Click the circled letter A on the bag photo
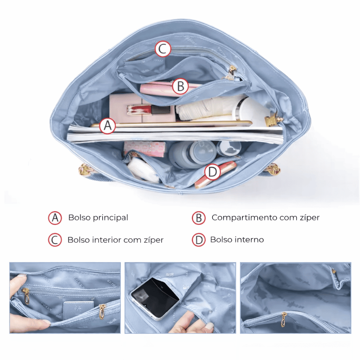pos(108,126)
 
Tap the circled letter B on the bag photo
pos(181,86)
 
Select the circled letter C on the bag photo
pos(163,49)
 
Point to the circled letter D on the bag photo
pos(212,172)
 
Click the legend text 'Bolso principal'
pos(98,218)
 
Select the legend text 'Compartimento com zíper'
pos(265,217)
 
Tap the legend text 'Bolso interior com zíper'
pos(115,240)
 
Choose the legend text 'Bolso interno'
pos(237,240)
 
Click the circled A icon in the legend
pos(55,218)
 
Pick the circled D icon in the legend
pos(199,240)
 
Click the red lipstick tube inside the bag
pos(149,110)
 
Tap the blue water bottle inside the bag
pos(192,154)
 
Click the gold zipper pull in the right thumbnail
pos(284,319)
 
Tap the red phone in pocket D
pos(215,174)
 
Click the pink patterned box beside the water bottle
pos(144,149)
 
